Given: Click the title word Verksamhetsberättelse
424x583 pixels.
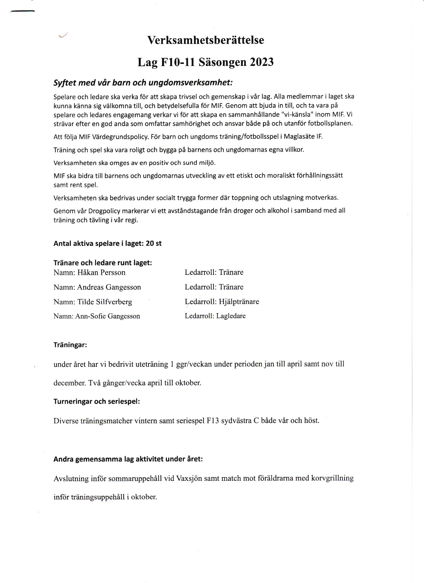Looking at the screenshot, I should (206, 40).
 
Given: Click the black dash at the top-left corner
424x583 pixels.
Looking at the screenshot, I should (23, 12).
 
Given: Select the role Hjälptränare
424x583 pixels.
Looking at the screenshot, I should (239, 302).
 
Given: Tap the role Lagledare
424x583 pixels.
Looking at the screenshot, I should (231, 316).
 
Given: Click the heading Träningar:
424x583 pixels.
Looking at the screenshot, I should (70, 345).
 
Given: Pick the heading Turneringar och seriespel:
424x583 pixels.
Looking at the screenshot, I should (97, 401).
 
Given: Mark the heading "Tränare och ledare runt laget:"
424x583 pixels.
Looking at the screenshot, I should (103, 263).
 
